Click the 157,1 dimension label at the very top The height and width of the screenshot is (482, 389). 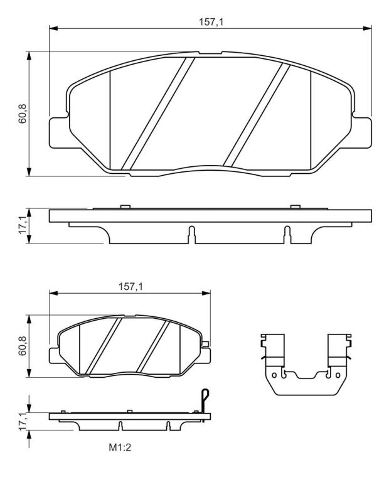(x=211, y=22)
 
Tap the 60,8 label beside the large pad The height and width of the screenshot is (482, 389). (x=23, y=114)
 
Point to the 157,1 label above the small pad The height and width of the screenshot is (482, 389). (x=131, y=287)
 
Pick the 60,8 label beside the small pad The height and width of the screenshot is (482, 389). (x=23, y=346)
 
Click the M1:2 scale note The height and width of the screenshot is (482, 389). (x=120, y=447)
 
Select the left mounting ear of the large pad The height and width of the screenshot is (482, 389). (x=58, y=133)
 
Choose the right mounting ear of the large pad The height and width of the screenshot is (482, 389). (x=362, y=133)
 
